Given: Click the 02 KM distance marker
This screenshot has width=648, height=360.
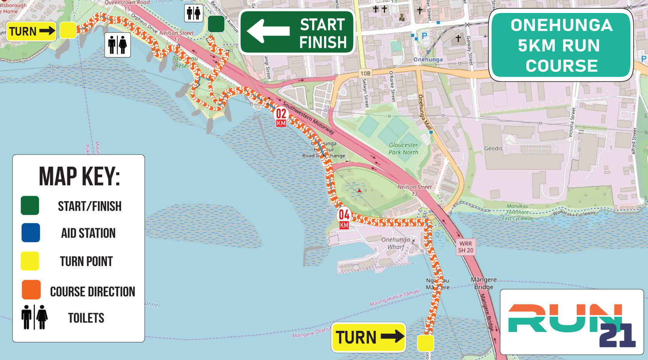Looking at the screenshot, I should tap(281, 117).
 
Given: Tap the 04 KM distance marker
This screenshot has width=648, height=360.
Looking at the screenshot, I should tap(344, 219).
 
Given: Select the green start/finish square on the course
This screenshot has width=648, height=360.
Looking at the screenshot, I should tap(216, 24).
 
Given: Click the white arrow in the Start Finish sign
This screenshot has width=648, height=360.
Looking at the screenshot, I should tap(268, 31).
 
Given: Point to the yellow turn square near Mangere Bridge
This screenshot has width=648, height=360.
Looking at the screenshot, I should tap(425, 343).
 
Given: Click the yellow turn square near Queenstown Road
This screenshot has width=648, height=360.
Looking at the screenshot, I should tap(68, 30).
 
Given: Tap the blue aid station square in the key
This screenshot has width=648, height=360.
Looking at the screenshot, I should tap(31, 233).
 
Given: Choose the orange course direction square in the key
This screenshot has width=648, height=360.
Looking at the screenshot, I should tap(31, 290).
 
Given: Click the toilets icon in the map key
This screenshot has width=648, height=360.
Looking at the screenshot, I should tap(34, 317).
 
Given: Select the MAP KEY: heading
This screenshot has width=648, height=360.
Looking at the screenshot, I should tap(79, 177).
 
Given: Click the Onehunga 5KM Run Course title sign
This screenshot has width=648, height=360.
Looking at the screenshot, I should tap(561, 45).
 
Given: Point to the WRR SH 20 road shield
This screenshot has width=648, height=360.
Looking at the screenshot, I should tap(465, 247).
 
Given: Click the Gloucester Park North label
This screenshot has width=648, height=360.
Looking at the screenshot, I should tap(403, 149).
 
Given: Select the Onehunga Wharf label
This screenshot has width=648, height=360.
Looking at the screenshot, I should tap(396, 243).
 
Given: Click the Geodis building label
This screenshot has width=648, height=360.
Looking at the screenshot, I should tap(493, 149).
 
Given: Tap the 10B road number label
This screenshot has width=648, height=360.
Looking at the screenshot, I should tap(365, 73).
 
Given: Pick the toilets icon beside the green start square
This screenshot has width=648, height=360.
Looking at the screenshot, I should tap(194, 13).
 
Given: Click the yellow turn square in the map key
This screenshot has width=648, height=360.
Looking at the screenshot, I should tap(30, 261).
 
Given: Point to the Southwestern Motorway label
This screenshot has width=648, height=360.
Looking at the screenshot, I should tap(309, 117).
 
